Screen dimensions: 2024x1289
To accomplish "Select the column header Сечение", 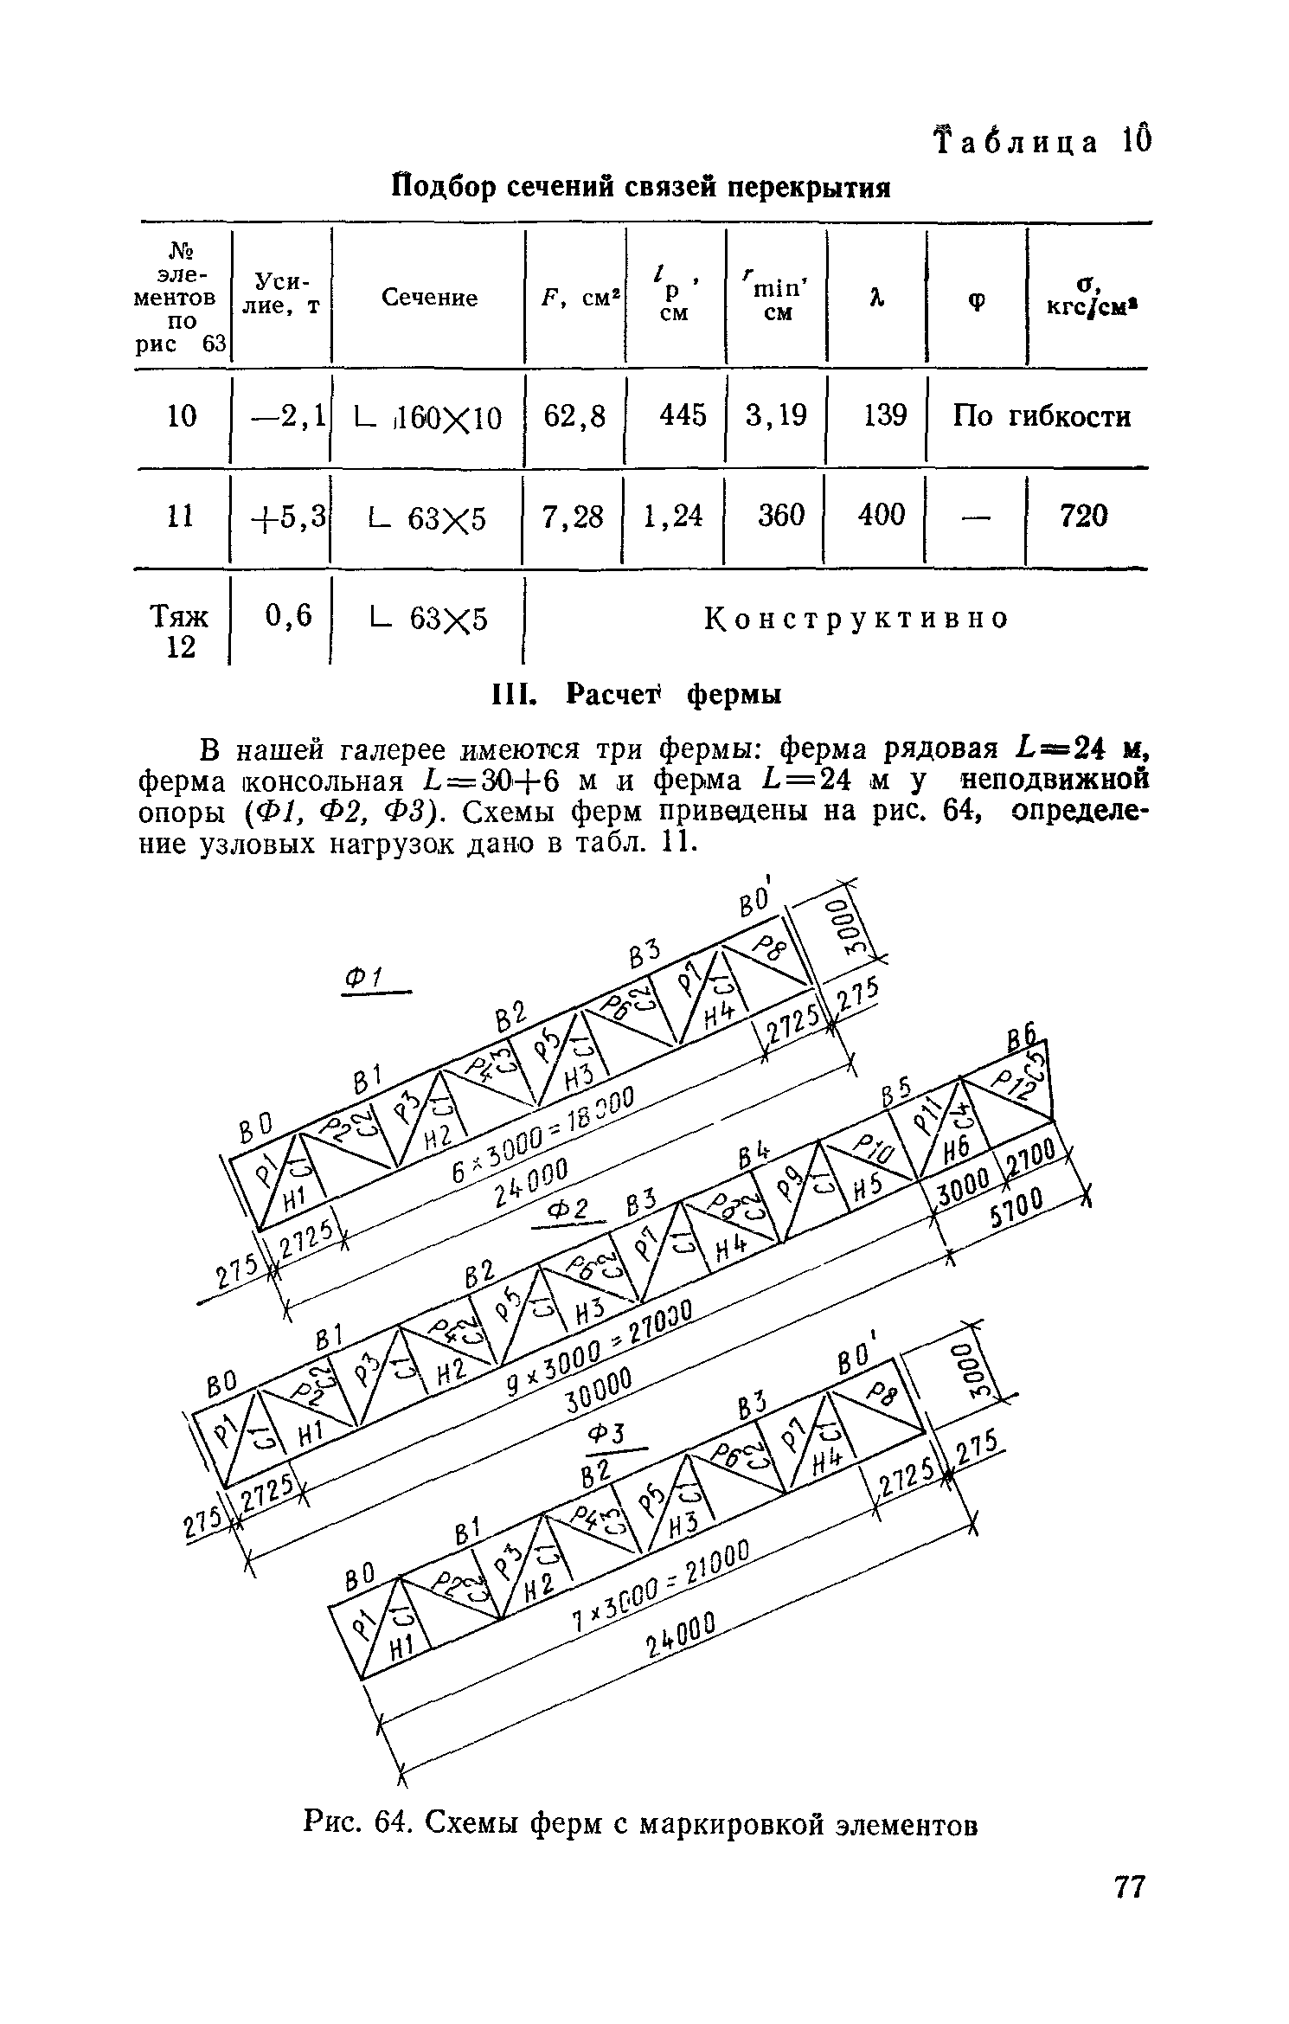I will [430, 299].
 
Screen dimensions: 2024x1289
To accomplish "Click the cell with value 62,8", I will [574, 417].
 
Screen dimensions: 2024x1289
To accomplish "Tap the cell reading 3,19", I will [777, 417].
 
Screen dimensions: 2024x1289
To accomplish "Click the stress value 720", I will [1083, 517].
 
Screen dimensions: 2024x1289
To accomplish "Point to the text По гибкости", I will [1041, 417].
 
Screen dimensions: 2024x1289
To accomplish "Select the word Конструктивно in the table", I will [856, 619].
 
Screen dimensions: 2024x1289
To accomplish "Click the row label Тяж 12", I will [180, 632].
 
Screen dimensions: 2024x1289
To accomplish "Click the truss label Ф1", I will [365, 979].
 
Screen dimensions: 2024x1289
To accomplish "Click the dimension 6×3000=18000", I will [544, 1133].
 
